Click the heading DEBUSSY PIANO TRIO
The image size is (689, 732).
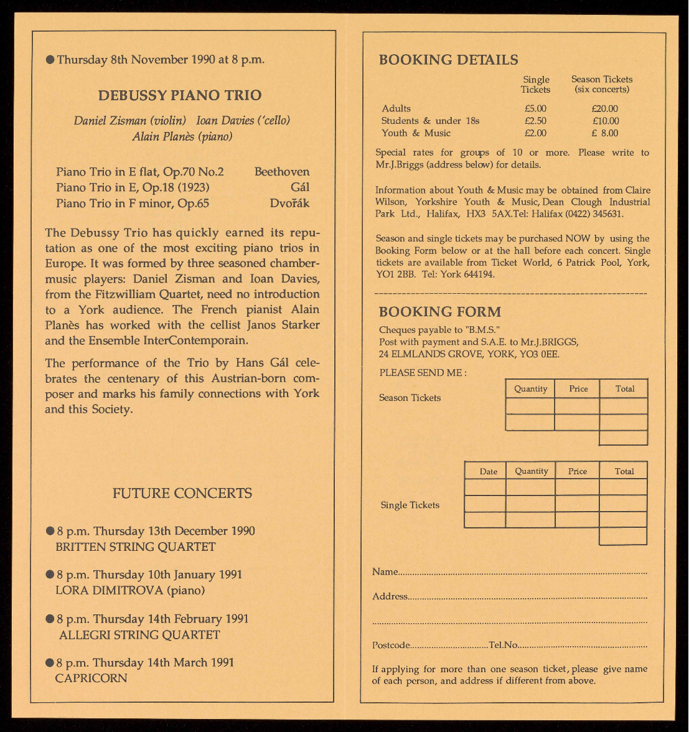click(x=179, y=95)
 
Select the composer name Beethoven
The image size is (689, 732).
click(x=281, y=172)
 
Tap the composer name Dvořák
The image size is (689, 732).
click(x=289, y=203)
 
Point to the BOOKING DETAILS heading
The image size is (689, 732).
click(x=448, y=60)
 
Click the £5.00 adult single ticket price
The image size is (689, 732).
click(x=535, y=108)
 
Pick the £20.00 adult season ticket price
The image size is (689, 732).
click(x=605, y=108)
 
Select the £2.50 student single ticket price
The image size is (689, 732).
click(x=535, y=121)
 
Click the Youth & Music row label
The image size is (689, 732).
click(x=416, y=133)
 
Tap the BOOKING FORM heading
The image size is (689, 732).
click(x=439, y=312)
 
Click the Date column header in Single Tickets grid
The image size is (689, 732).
click(x=489, y=471)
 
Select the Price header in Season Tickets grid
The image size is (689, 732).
click(x=578, y=388)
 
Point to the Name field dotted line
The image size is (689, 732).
click(x=523, y=572)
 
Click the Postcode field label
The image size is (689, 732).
click(x=391, y=645)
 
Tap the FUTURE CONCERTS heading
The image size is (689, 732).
click(x=182, y=494)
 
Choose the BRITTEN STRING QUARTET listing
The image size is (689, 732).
click(x=136, y=547)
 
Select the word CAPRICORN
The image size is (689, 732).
click(x=91, y=678)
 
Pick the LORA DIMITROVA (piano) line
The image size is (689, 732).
click(x=130, y=590)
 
